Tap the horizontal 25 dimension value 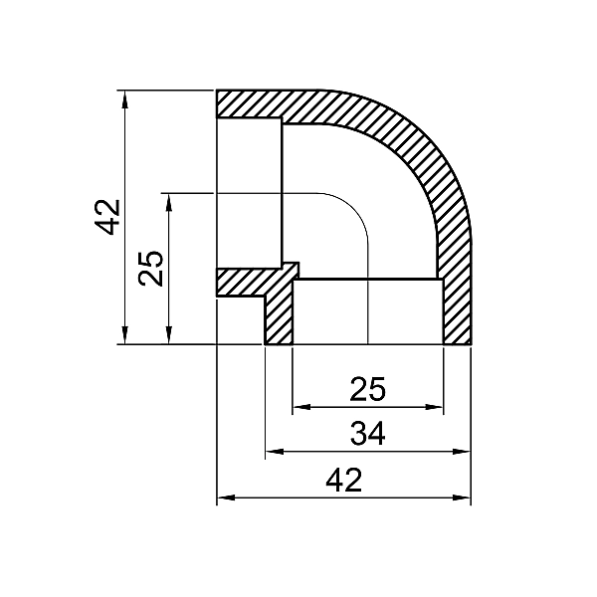pyautogui.click(x=367, y=389)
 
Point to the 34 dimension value pyautogui.click(x=367, y=435)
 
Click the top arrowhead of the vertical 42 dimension pyautogui.click(x=124, y=98)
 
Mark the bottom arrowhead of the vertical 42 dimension pyautogui.click(x=124, y=337)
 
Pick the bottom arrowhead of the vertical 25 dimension pyautogui.click(x=170, y=337)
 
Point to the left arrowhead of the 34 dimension pyautogui.click(x=272, y=452)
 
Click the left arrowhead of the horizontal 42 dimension pyautogui.click(x=224, y=497)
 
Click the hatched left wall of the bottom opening pyautogui.click(x=280, y=316)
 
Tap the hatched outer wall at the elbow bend pyautogui.click(x=418, y=149)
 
